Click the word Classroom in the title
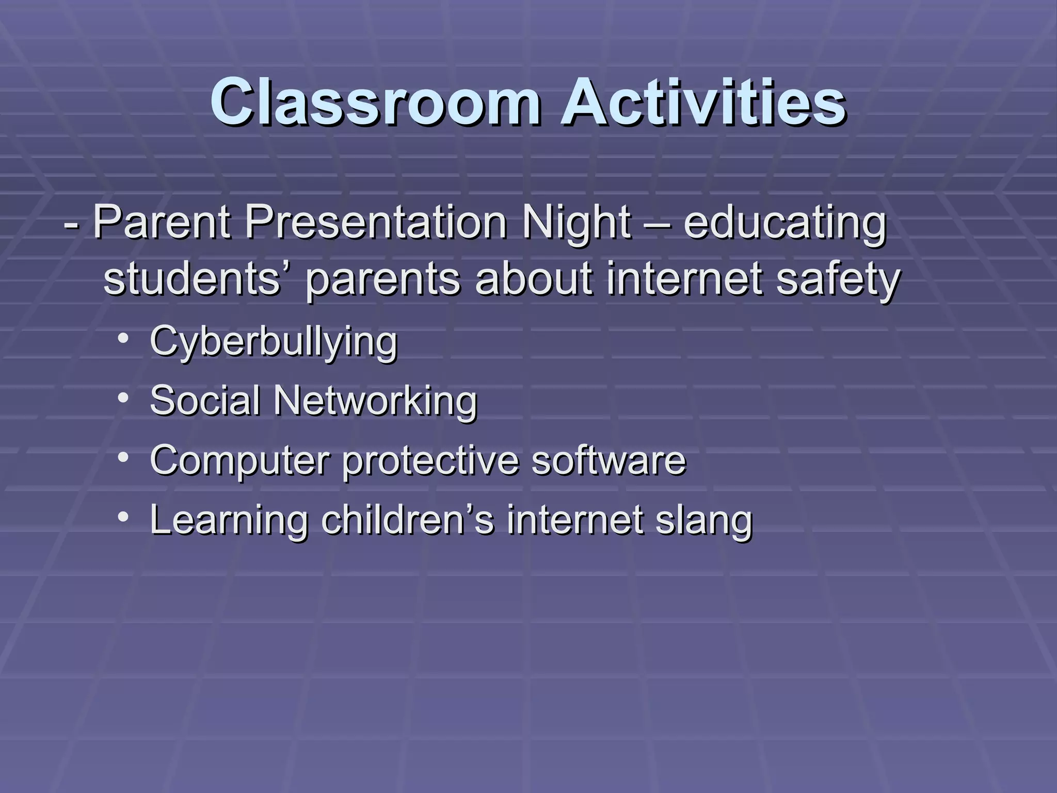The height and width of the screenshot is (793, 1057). click(376, 102)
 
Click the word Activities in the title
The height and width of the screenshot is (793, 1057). click(703, 102)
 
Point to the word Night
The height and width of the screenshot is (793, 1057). click(576, 223)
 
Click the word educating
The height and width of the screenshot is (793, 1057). click(784, 223)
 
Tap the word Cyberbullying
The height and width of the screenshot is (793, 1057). click(274, 342)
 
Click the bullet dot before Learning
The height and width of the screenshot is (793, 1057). click(123, 517)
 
